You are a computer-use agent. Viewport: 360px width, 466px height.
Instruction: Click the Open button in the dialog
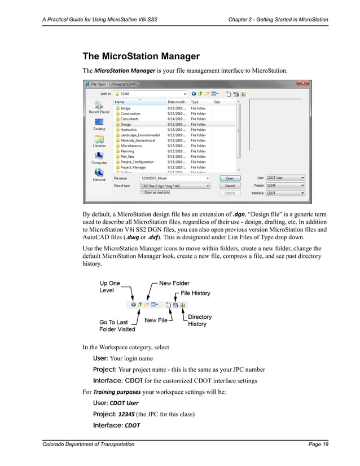coord(230,178)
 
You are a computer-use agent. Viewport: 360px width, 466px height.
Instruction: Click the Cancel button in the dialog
coord(230,185)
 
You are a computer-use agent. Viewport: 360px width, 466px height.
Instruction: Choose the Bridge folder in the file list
coord(125,108)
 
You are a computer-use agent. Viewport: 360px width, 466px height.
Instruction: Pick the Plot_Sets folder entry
coord(128,157)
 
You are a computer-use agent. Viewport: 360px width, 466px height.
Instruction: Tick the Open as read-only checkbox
coord(143,192)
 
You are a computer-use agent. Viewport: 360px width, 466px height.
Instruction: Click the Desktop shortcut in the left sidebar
coord(99,124)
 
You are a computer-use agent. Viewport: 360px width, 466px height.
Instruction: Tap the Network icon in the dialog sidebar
coord(99,174)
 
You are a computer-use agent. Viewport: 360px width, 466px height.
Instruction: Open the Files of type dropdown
coord(175,185)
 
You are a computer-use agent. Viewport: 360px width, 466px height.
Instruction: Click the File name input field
coord(175,178)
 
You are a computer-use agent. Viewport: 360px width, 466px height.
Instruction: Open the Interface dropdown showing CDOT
coord(285,193)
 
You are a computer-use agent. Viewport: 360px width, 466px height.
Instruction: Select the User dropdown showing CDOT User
coord(285,178)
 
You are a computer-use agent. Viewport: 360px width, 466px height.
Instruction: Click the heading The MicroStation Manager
coord(141,56)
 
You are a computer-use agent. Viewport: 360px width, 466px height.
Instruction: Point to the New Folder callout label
coord(174,283)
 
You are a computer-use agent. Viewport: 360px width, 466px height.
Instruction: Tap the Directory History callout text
coord(200,320)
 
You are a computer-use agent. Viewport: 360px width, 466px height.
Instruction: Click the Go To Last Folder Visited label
coord(117,326)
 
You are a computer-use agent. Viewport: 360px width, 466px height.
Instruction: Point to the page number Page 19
coord(318,445)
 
